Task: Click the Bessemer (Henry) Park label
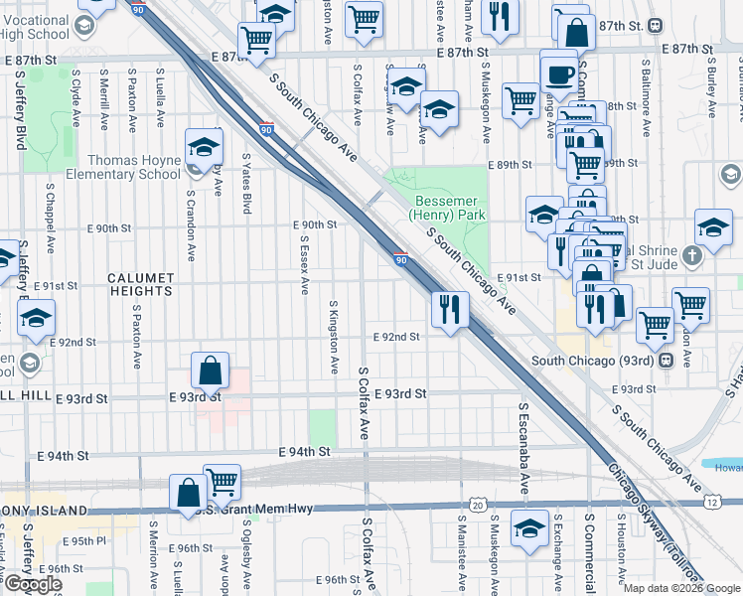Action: coord(448,207)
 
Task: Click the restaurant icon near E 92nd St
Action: coord(450,309)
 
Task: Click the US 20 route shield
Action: coord(479,507)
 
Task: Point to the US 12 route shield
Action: coord(713,503)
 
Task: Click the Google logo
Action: coord(32,584)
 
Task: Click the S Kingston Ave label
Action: coord(334,338)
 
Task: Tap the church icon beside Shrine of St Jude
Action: coord(693,255)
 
